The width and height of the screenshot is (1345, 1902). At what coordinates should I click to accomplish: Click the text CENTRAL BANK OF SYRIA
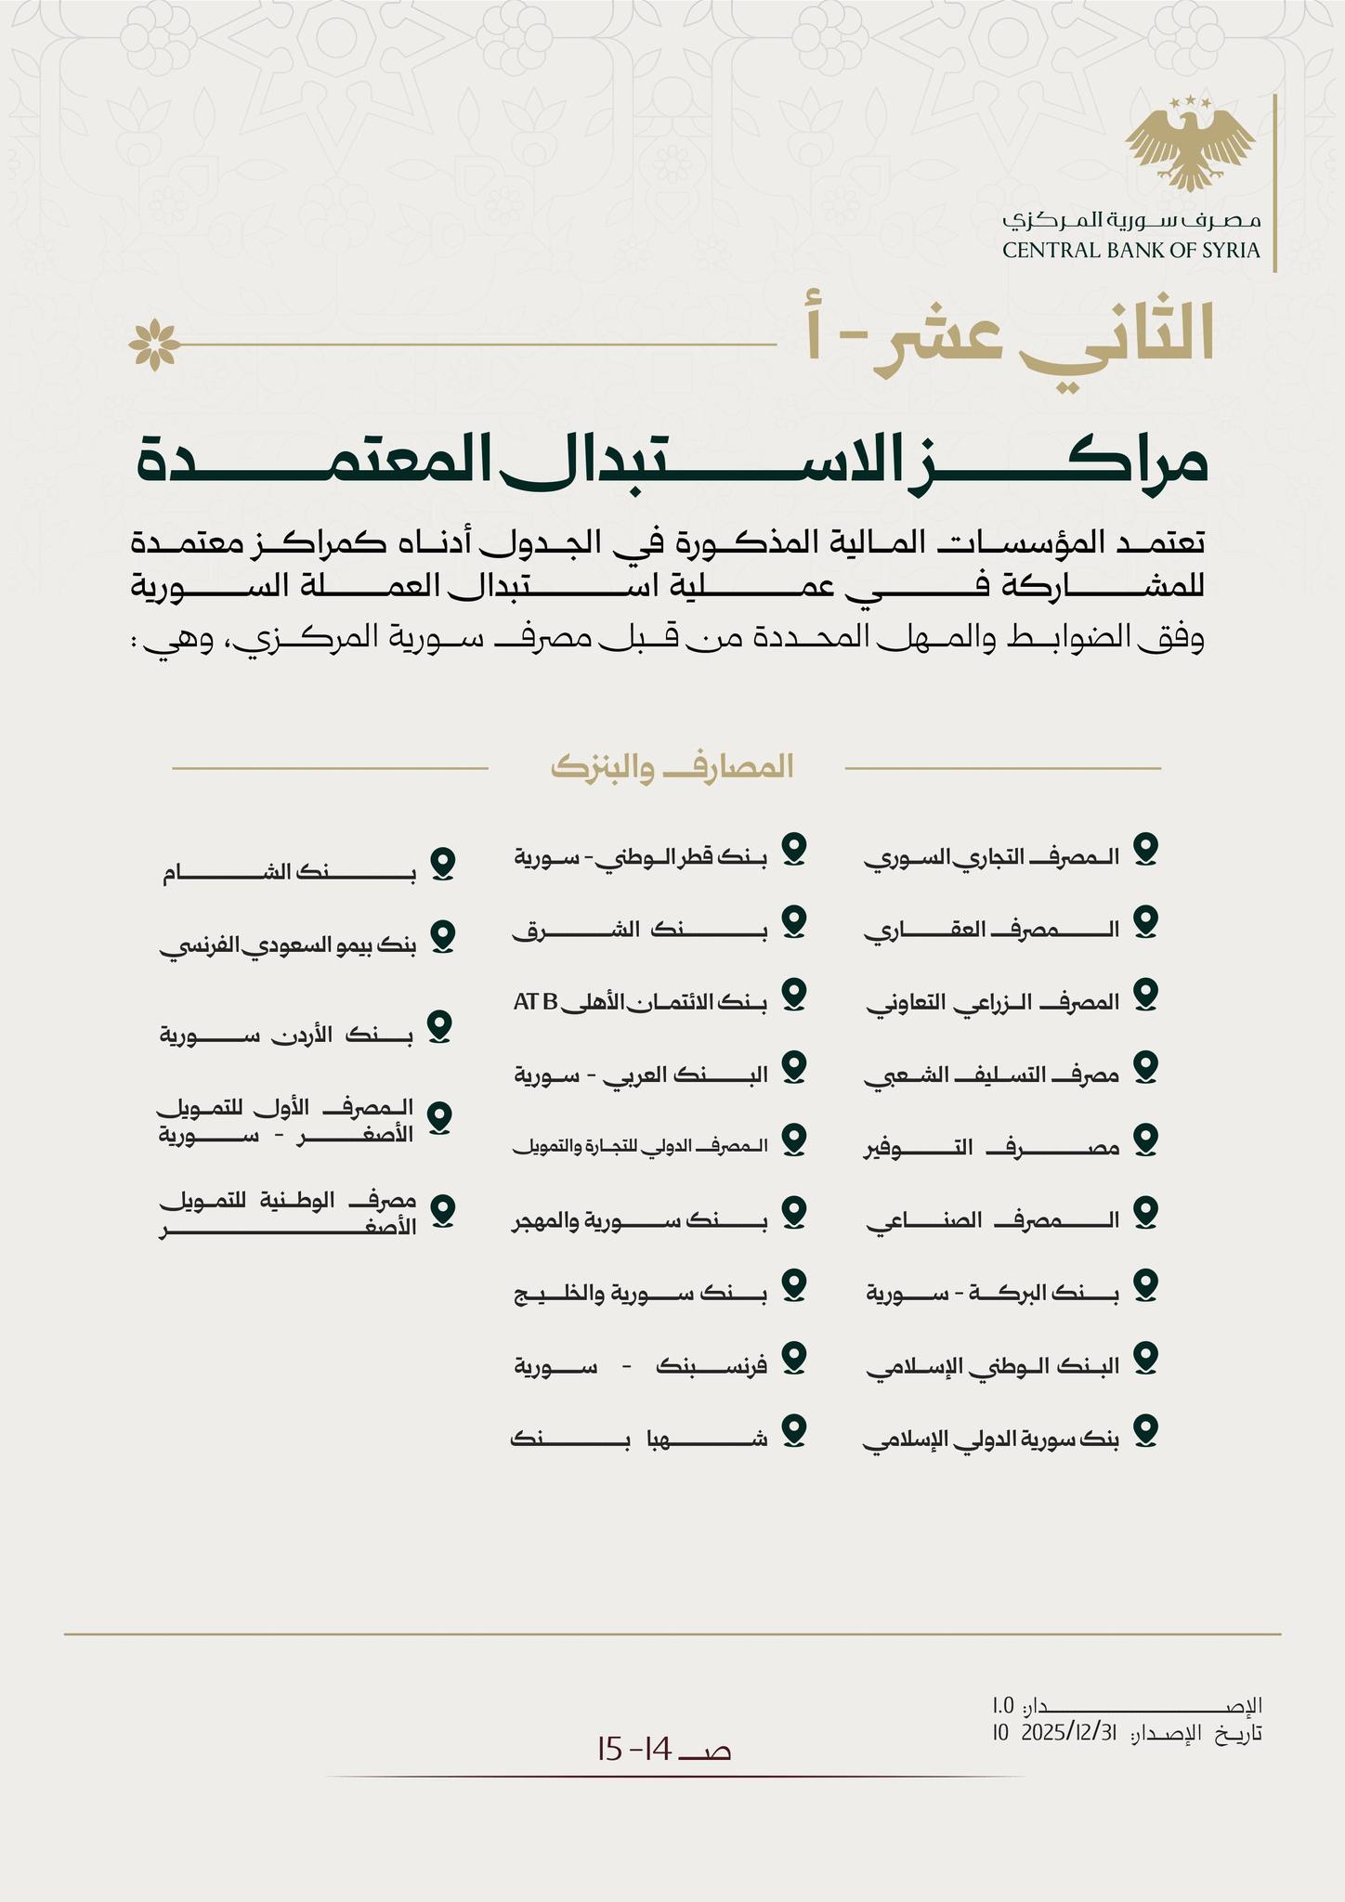[x=1130, y=250]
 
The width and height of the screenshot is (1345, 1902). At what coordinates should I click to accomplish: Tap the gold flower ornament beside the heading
[x=154, y=344]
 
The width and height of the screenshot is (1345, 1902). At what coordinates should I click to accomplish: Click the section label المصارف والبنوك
[x=672, y=767]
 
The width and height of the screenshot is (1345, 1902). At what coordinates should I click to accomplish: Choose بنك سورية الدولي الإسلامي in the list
[x=992, y=1440]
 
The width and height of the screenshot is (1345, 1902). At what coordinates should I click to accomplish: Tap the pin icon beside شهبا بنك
[x=792, y=1429]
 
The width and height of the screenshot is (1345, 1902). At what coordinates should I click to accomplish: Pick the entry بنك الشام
[x=289, y=873]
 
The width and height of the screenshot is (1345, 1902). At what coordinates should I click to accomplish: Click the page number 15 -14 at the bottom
[x=665, y=1750]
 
